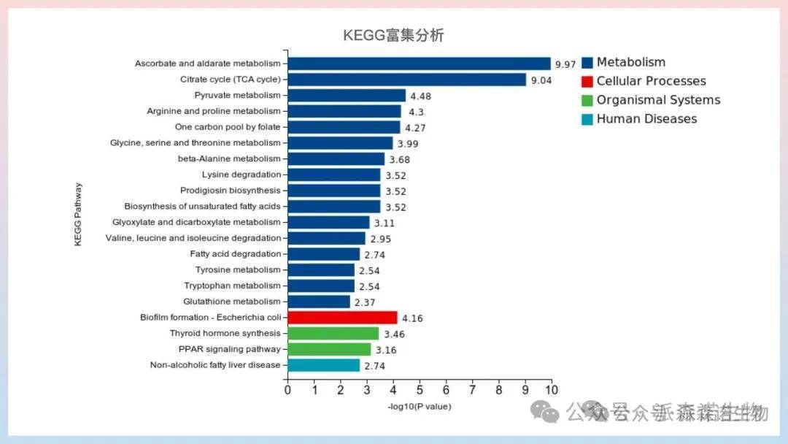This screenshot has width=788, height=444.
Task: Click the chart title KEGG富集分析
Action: tap(393, 36)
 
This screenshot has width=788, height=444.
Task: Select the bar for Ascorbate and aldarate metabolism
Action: tap(419, 64)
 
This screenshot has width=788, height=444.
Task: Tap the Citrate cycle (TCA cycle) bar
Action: tap(406, 80)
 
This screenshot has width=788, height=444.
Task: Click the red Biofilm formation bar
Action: tap(342, 318)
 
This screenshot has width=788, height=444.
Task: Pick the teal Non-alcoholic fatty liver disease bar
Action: tap(323, 365)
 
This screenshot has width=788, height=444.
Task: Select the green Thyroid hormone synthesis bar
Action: tap(333, 334)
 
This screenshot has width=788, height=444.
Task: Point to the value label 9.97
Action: tap(565, 65)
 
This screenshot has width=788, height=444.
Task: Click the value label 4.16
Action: tap(412, 318)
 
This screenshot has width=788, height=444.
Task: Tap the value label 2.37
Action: tap(366, 302)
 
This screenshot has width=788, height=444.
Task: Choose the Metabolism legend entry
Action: tap(630, 63)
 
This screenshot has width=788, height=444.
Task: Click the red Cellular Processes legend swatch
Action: tap(587, 81)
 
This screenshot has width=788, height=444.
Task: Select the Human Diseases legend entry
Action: tap(646, 119)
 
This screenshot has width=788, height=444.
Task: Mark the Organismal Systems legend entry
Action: tap(658, 100)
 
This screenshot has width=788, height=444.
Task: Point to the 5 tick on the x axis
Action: tap(420, 390)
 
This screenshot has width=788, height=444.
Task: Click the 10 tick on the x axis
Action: tap(552, 390)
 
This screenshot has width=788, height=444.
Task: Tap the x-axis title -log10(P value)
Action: tap(419, 406)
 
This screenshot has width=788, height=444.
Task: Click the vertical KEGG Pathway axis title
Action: tap(78, 214)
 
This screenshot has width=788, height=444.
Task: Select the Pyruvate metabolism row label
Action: tap(237, 96)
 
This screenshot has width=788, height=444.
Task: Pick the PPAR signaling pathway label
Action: tap(229, 349)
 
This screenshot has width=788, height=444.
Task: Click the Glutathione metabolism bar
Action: tap(319, 302)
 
